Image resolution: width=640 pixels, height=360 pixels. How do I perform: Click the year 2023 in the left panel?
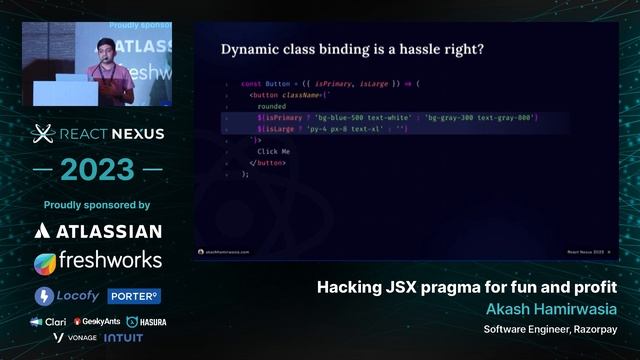pos(97,170)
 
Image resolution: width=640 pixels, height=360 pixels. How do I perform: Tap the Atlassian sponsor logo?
pos(97,231)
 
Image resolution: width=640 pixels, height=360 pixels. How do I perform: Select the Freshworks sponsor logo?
pos(97,261)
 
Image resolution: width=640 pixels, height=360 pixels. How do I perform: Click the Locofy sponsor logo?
pos(67,296)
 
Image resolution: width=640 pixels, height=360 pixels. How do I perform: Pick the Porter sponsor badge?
pos(135,296)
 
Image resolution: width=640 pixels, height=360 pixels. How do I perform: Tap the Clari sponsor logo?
pos(49,322)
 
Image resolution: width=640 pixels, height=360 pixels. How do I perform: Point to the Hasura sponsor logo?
pos(146,322)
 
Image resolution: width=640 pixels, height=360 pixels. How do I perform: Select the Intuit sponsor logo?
pos(123,338)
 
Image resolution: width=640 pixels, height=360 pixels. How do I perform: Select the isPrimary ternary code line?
pos(396,118)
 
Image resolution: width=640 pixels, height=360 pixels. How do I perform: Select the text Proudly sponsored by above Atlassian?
pos(97,205)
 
